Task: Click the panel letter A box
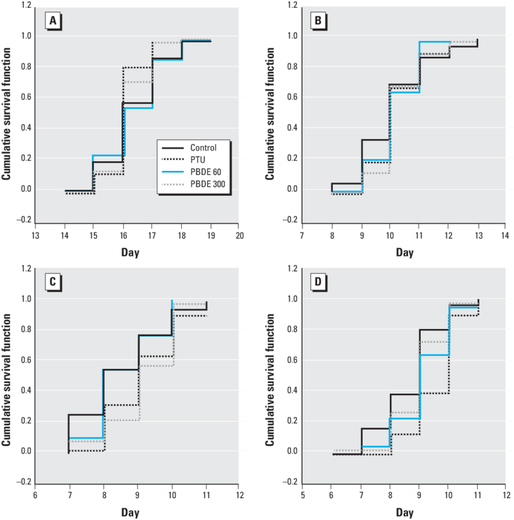coord(53,22)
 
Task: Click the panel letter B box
coord(317,22)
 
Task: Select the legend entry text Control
coord(203,147)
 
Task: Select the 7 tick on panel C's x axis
coord(68,495)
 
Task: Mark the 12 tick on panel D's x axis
coord(505,495)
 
